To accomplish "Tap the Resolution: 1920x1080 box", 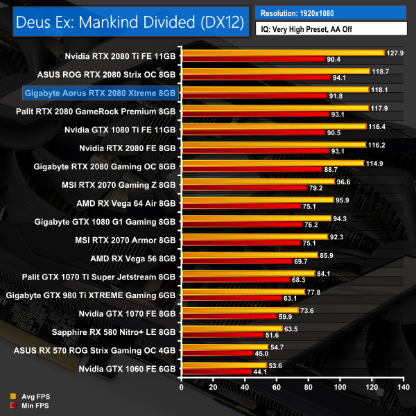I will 331,13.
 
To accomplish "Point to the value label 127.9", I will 395,53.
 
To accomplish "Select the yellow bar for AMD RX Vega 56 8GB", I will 249,255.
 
